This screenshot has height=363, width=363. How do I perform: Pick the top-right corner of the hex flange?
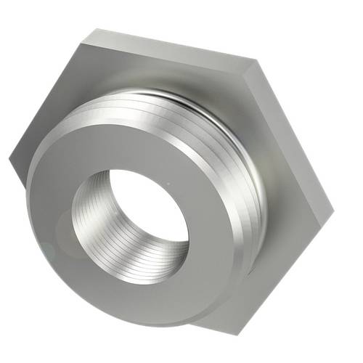[258, 60]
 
